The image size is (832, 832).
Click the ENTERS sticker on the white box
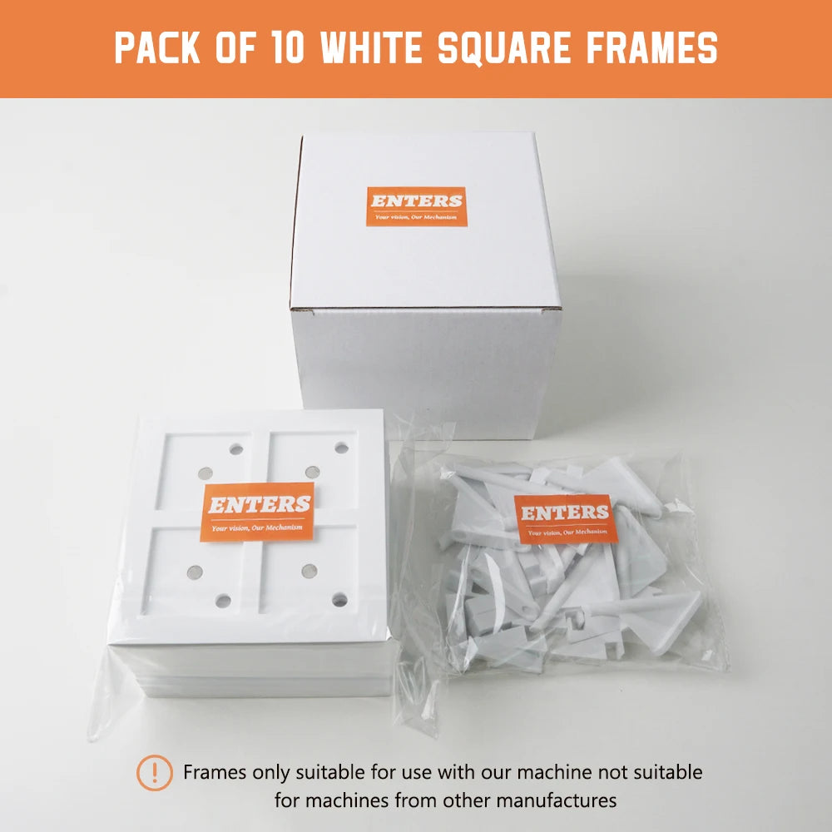coord(416,206)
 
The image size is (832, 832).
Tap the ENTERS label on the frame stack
coord(259,508)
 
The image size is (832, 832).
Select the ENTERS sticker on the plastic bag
coord(565,518)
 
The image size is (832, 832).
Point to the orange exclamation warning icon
coord(154,773)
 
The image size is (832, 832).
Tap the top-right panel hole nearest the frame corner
coord(341,448)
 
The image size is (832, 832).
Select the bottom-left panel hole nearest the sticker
coord(195,572)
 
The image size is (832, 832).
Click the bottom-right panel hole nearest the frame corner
coord(339,599)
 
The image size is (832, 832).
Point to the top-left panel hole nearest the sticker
coord(205,473)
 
